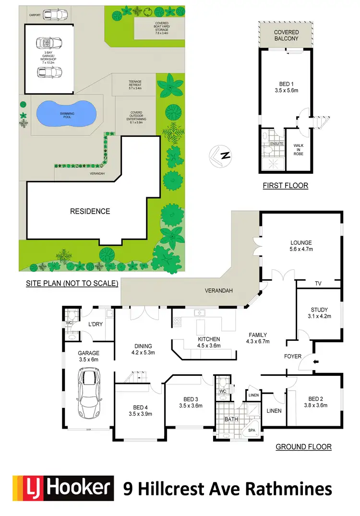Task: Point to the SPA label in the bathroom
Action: coord(252,431)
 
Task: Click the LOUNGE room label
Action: coord(301,243)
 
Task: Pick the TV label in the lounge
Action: coord(318,284)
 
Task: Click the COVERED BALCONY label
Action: coord(286,36)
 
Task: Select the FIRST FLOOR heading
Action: coord(285,185)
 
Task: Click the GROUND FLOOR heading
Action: coord(303,447)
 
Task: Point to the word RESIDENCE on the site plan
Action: coord(90,211)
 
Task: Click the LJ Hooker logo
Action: coord(63,488)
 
